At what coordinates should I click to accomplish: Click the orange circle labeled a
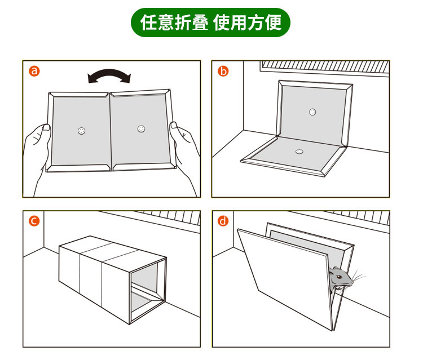coord(34,71)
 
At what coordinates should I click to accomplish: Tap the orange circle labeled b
coord(223,71)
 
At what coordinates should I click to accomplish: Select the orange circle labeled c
coord(34,221)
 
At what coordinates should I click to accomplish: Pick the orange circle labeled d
coord(223,221)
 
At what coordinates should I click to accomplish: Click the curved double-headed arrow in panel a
coord(109,72)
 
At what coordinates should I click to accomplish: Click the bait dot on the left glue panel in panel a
coord(81,131)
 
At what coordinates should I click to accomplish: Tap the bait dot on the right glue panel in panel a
coord(141,129)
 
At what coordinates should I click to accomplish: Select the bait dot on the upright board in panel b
coord(312,112)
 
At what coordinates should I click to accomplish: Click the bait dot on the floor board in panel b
coord(299,152)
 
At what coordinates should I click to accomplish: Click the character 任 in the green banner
coord(149,23)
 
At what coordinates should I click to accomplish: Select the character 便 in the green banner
coord(274,23)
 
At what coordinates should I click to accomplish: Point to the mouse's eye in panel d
coord(340,277)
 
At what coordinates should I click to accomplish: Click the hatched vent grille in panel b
coord(325,66)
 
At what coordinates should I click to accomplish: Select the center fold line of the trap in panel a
coord(111,132)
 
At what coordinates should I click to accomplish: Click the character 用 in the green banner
coord(239,23)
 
